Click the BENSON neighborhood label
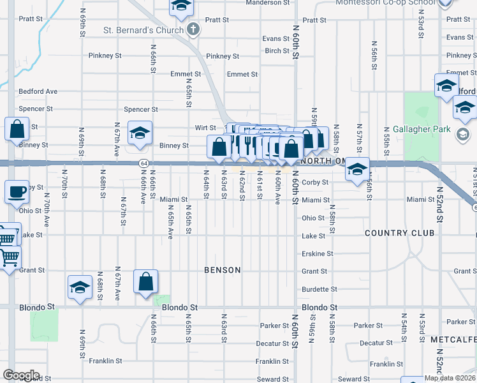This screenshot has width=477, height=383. pyautogui.click(x=223, y=270)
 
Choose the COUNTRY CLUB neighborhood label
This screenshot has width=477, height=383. pyautogui.click(x=400, y=233)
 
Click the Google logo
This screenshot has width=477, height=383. pyautogui.click(x=21, y=375)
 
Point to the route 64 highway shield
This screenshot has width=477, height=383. pyautogui.click(x=144, y=164)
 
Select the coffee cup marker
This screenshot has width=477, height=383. pyautogui.click(x=17, y=191)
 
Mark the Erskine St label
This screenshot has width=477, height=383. pyautogui.click(x=318, y=253)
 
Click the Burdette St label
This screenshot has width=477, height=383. pyautogui.click(x=314, y=289)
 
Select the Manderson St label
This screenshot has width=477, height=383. pyautogui.click(x=268, y=3)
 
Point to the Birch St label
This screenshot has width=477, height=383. pyautogui.click(x=277, y=51)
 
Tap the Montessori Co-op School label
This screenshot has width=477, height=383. pyautogui.click(x=386, y=3)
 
